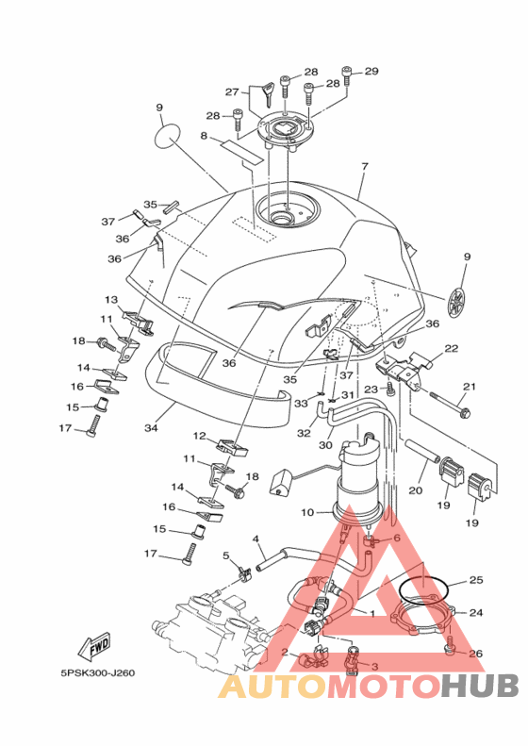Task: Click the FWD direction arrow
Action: (93, 646)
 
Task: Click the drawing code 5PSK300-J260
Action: (97, 673)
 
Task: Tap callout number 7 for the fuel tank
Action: (364, 167)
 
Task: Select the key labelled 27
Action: (268, 93)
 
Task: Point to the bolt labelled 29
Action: (346, 75)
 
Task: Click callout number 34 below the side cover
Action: (151, 428)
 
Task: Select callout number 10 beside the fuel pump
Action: (307, 512)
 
